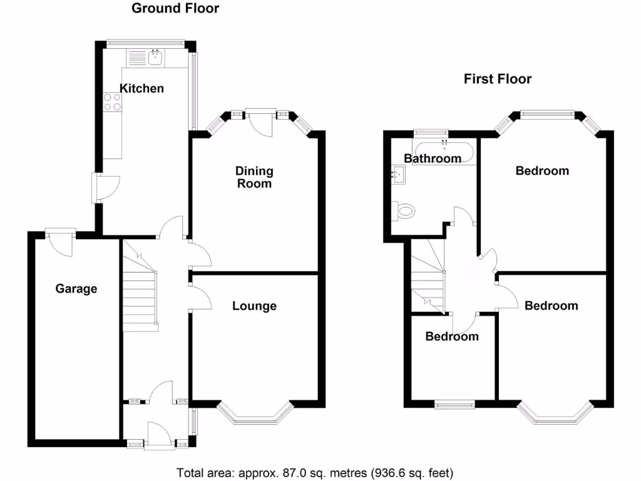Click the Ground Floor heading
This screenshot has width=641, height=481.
click(175, 8)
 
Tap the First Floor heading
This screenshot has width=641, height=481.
click(498, 79)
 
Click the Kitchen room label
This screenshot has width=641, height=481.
click(142, 88)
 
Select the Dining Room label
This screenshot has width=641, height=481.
click(254, 177)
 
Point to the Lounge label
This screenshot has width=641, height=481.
click(254, 306)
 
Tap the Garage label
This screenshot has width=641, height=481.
click(76, 289)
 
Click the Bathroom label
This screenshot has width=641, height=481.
click(433, 158)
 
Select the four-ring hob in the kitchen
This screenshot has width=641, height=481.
click(113, 101)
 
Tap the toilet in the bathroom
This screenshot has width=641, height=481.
click(404, 211)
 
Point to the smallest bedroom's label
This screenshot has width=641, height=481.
click(452, 336)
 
